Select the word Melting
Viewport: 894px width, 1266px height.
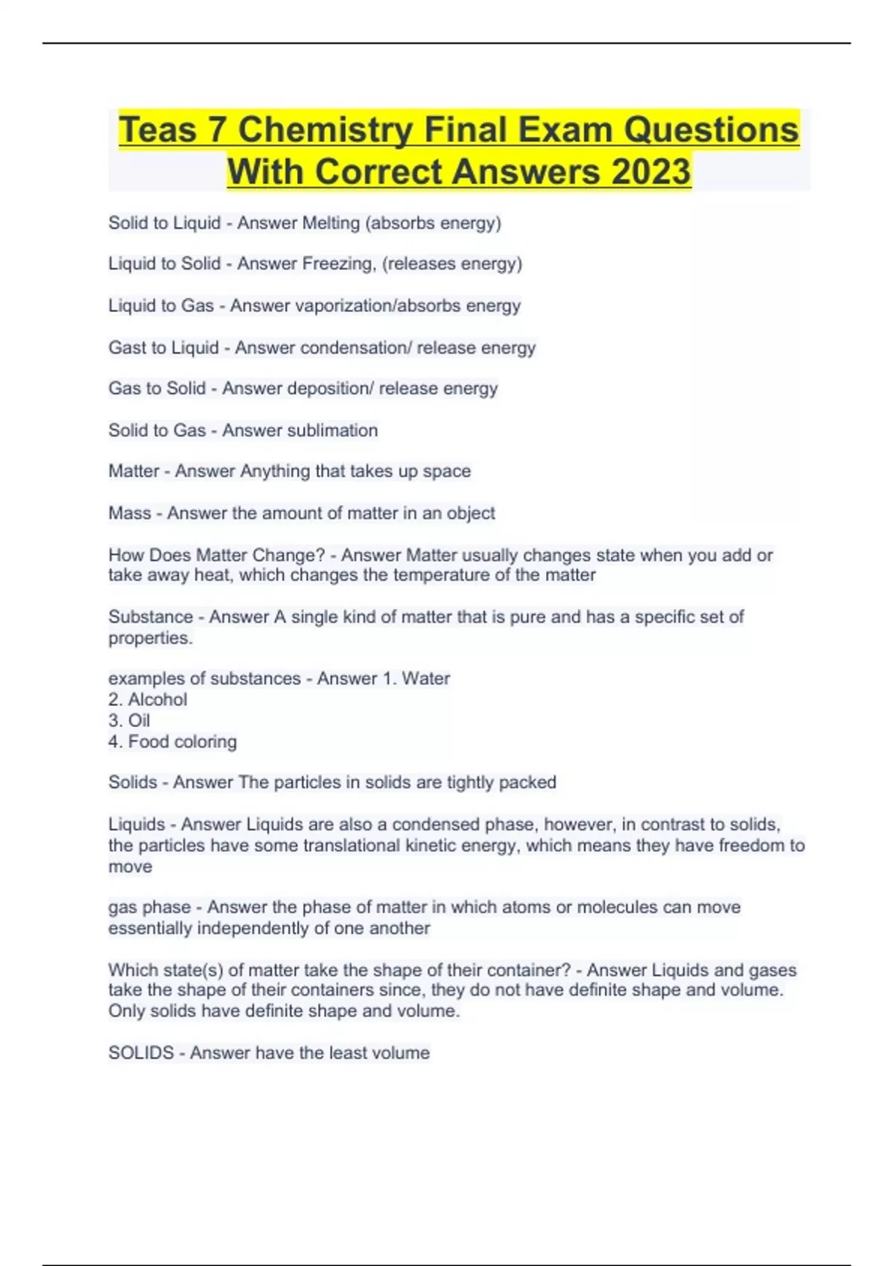point(330,223)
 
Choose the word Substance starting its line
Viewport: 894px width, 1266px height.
point(150,617)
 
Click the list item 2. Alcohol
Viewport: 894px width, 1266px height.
point(148,699)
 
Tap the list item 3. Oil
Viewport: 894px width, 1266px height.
point(129,720)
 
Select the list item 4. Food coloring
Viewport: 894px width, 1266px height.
point(172,742)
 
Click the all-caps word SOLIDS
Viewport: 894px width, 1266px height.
point(141,1052)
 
